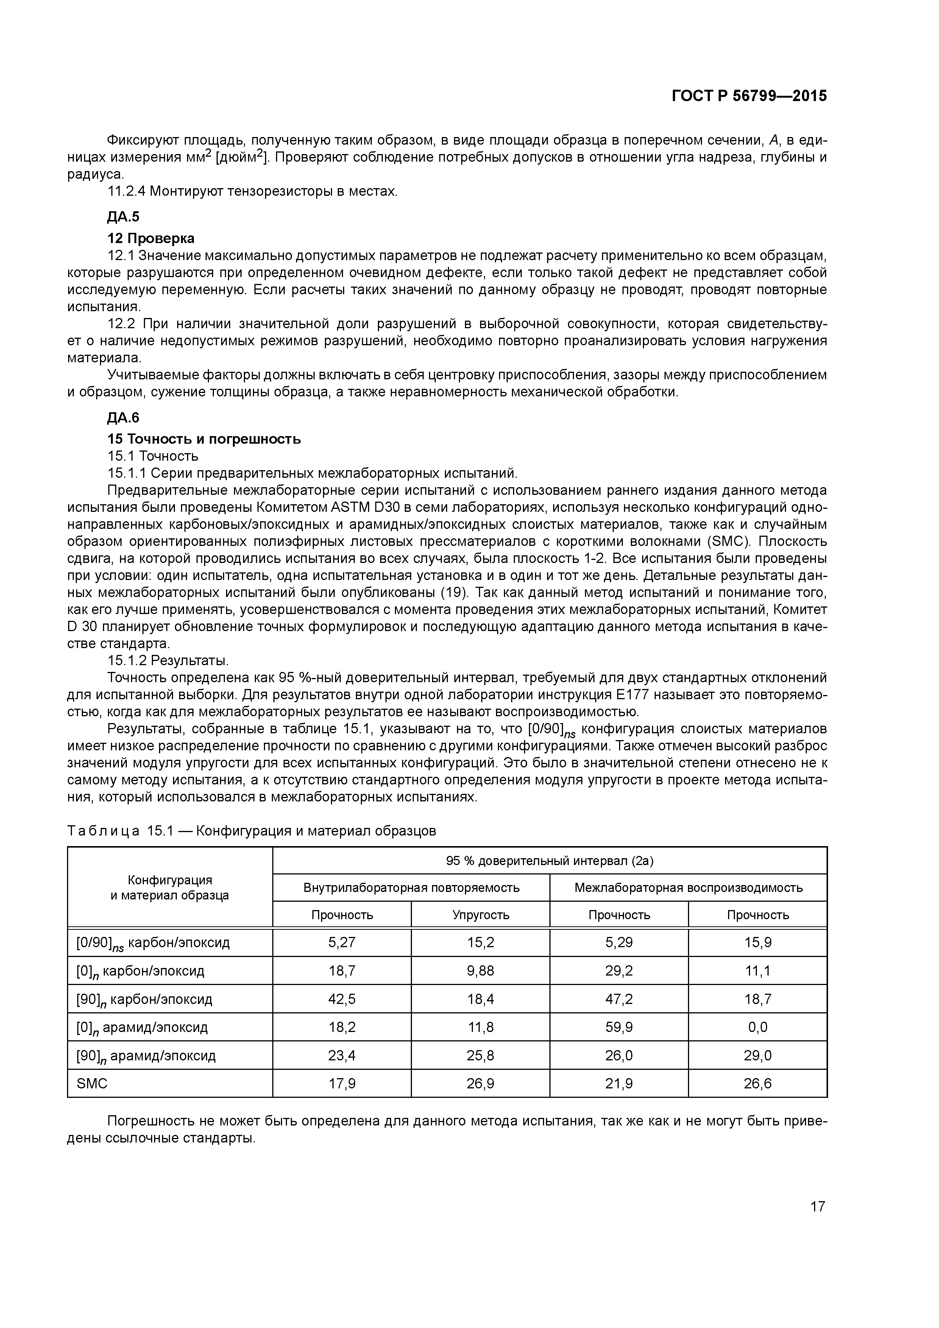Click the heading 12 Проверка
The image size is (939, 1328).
[x=151, y=238]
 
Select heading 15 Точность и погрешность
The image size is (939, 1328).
[x=204, y=439]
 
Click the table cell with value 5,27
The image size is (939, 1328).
[x=342, y=942]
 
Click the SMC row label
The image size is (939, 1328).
[x=92, y=1083]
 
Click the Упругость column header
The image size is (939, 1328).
[x=480, y=915]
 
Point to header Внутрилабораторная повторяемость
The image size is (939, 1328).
[x=411, y=887]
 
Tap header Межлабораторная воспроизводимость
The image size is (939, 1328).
[x=688, y=887]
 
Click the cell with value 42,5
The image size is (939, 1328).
[x=342, y=999]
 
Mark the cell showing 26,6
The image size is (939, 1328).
[x=757, y=1083]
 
